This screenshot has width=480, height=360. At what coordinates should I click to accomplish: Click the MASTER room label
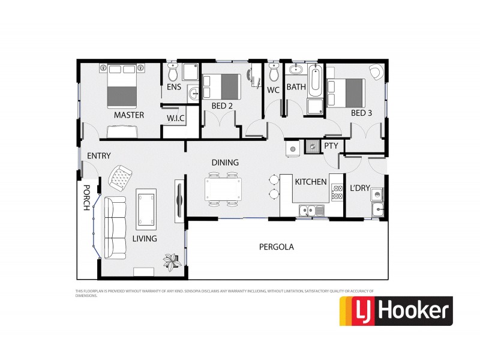coord(129,115)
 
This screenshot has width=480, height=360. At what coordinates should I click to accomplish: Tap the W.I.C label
coord(175,118)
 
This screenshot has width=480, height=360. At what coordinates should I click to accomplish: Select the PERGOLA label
coord(276,246)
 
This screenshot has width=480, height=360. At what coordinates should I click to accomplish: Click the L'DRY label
coord(359,188)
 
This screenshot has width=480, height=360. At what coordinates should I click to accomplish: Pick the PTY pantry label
coord(331,146)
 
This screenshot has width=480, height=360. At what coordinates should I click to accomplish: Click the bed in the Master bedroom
coord(122,85)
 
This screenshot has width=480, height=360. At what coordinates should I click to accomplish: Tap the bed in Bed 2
coord(221,86)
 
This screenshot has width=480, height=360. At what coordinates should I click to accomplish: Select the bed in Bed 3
coord(346,92)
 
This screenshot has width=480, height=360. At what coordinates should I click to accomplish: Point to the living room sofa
coord(115,226)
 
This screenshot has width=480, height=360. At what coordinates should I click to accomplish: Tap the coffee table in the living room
coord(146,208)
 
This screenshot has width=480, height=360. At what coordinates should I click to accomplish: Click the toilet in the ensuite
coord(173,73)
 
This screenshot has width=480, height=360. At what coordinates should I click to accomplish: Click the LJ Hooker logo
coord(396,311)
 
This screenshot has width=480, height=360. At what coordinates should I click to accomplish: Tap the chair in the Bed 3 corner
coord(374,73)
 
